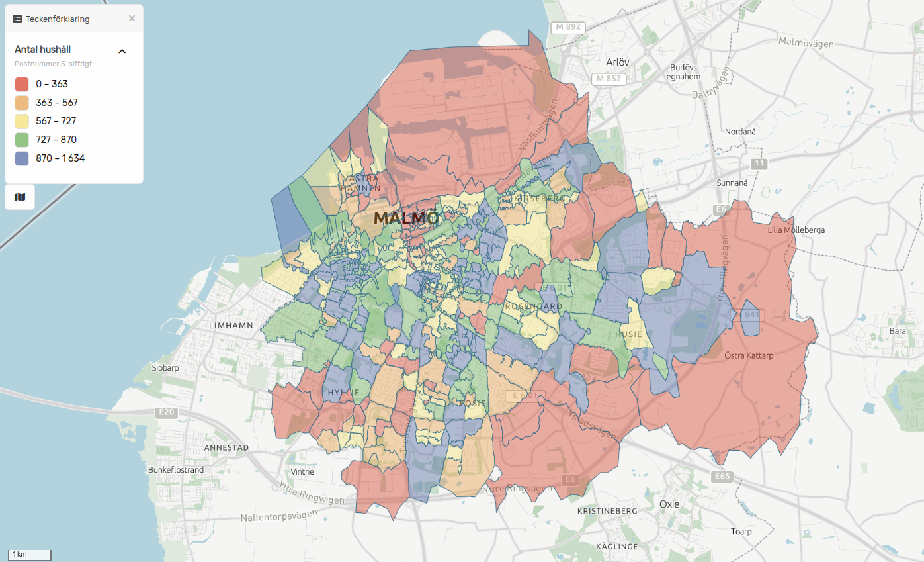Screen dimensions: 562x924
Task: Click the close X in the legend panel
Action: click(132, 19)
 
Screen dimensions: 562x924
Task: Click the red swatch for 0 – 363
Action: click(22, 84)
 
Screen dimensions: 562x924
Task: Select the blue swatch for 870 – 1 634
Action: click(22, 158)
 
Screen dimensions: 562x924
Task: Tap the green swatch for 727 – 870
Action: click(22, 140)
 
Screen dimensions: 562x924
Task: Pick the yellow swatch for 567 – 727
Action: click(22, 121)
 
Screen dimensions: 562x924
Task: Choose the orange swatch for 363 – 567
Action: click(22, 103)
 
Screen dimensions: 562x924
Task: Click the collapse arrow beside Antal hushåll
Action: click(122, 51)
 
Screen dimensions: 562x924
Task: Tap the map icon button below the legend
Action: click(20, 197)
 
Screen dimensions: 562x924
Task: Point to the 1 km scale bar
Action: click(29, 555)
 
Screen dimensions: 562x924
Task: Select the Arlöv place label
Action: click(617, 62)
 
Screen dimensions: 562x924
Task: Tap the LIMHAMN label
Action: click(230, 326)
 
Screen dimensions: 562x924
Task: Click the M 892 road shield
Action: click(568, 28)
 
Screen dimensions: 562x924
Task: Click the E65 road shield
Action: click(722, 477)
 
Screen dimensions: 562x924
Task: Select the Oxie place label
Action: click(669, 504)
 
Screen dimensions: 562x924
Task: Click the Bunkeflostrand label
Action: click(176, 470)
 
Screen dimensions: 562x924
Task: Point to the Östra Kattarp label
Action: click(749, 355)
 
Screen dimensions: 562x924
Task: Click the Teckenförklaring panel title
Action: click(57, 19)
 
